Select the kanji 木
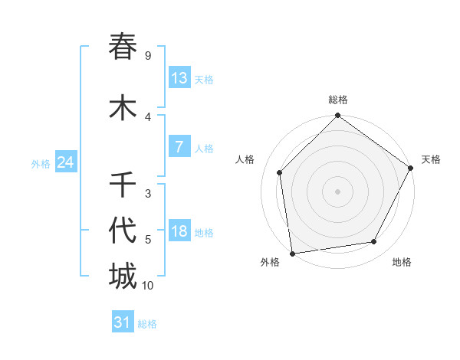123,107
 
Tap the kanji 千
123,185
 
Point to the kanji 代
123,230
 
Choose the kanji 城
123,276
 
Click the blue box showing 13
179,78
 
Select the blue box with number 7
179,147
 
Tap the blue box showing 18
179,231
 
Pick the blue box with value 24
66,162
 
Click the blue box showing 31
123,322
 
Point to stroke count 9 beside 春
148,56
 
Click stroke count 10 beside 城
148,286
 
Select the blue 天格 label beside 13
204,80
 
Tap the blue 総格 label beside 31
147,324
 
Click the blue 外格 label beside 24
41,164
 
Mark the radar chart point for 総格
337,116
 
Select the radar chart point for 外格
292,253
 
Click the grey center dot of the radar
337,191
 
